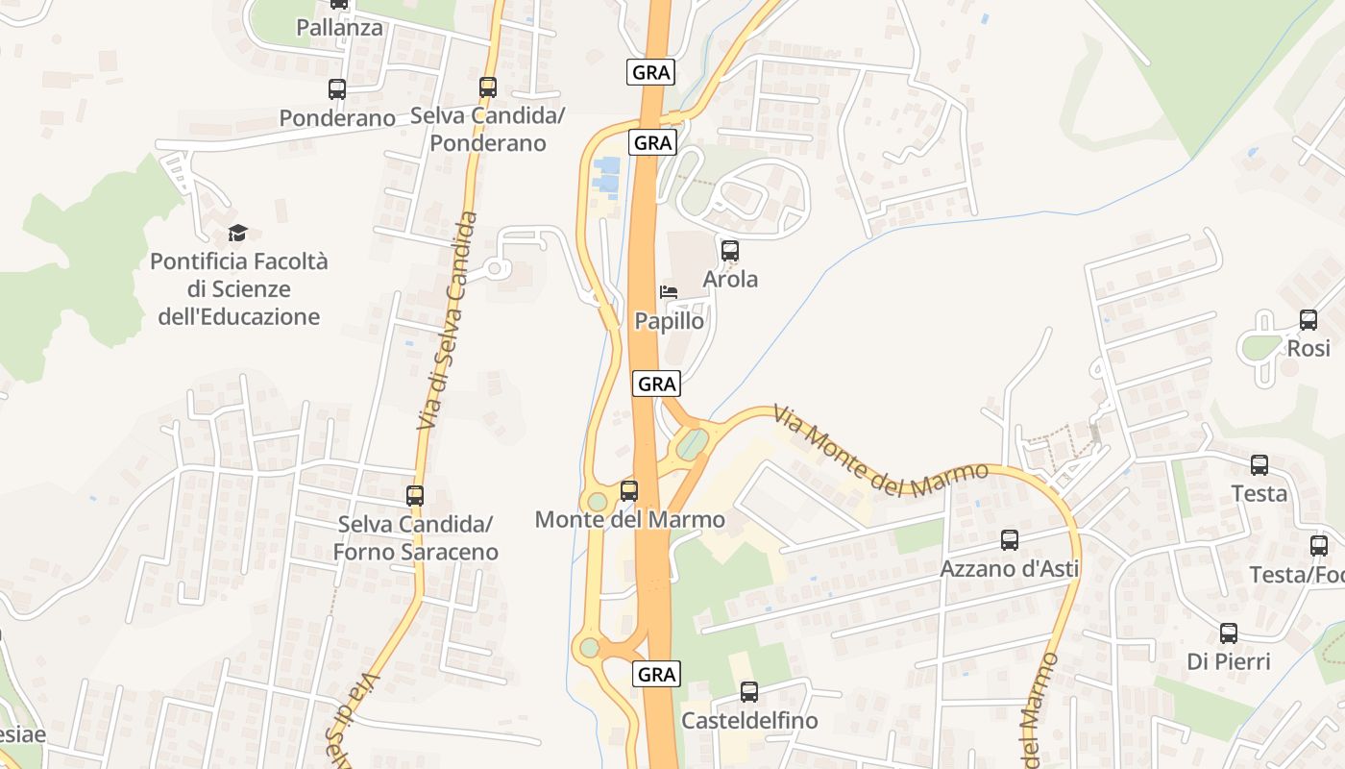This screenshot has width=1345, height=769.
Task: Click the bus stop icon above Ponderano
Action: pyautogui.click(x=337, y=89)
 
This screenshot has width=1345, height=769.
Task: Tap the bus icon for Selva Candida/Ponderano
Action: pyautogui.click(x=488, y=87)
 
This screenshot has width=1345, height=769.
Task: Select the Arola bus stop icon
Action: pyautogui.click(x=730, y=251)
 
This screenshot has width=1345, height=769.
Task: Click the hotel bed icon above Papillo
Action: pyautogui.click(x=669, y=291)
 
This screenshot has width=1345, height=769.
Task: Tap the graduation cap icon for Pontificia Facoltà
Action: pyautogui.click(x=237, y=233)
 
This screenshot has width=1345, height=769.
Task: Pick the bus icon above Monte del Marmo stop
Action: pyautogui.click(x=629, y=491)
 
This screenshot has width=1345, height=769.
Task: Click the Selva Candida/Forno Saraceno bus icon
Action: pyautogui.click(x=415, y=496)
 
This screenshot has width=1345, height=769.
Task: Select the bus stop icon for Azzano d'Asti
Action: pyautogui.click(x=1010, y=540)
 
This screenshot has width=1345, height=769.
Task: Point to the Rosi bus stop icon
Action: pyautogui.click(x=1308, y=320)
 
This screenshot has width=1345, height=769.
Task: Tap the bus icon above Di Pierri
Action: pyautogui.click(x=1229, y=633)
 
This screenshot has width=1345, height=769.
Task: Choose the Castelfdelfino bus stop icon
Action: pyautogui.click(x=749, y=692)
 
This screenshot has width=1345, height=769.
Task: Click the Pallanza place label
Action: pyautogui.click(x=339, y=28)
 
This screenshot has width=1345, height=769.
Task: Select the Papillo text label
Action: pyautogui.click(x=670, y=321)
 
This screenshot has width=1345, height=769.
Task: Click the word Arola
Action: pyautogui.click(x=730, y=280)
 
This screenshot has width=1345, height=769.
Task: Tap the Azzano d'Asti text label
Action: pyautogui.click(x=1010, y=568)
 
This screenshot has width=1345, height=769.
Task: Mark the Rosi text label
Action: pyautogui.click(x=1308, y=348)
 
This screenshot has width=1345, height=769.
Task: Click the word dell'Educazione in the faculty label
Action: pyautogui.click(x=239, y=316)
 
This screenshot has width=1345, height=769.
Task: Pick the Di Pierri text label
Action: pyautogui.click(x=1229, y=661)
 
